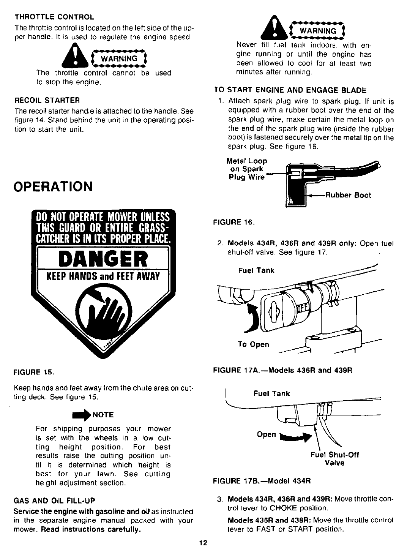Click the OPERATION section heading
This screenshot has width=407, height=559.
pyautogui.click(x=53, y=187)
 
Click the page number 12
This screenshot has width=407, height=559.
pyautogui.click(x=203, y=543)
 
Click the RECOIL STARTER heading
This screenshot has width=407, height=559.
pyautogui.click(x=47, y=101)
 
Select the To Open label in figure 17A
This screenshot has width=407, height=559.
pyautogui.click(x=253, y=344)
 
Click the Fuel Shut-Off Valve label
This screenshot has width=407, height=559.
pyautogui.click(x=334, y=459)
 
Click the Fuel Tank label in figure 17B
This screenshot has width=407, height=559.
pyautogui.click(x=271, y=393)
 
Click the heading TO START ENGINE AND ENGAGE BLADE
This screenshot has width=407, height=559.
pyautogui.click(x=290, y=90)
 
